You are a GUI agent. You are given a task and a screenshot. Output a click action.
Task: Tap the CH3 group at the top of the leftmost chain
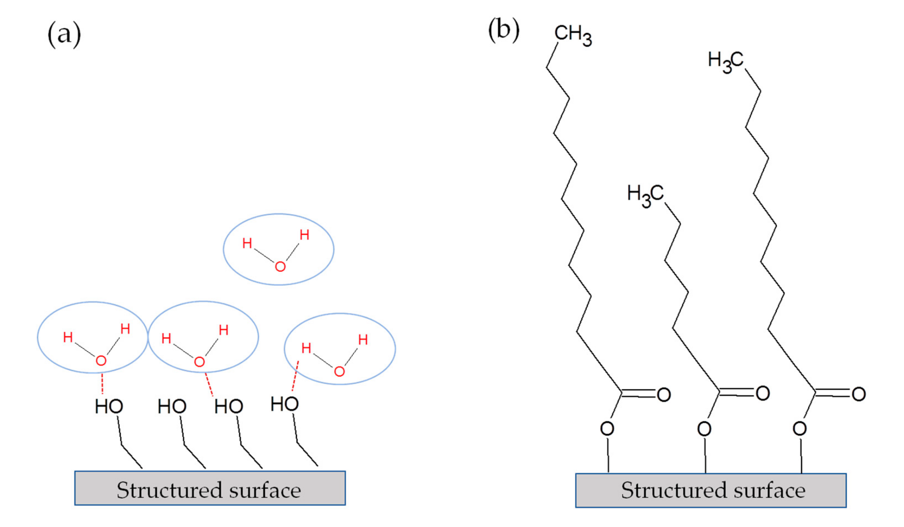pos(573,35)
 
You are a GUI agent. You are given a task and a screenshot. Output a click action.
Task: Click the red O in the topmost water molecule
pos(280,266)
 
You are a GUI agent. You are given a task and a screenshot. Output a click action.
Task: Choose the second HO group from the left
pos(172,406)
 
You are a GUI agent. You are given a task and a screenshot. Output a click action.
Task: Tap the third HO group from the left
pos(229,406)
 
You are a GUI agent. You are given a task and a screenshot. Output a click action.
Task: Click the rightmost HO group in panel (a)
pos(285,404)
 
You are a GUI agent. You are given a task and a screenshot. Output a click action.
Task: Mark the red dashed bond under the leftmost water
pos(102,383)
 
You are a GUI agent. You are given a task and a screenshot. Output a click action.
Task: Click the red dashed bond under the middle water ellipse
pos(209,384)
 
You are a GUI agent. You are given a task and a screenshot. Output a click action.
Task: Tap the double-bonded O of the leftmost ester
pos(664,395)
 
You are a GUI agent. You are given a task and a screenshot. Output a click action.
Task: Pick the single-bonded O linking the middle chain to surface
pos(704,428)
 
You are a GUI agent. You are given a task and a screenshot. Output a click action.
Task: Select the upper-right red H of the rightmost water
pos(363,339)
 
